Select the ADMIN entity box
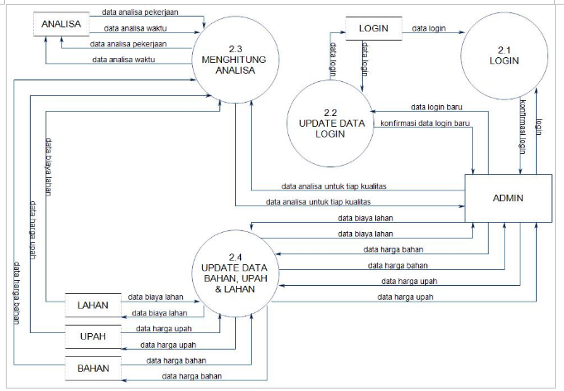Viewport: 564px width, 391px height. tap(508, 199)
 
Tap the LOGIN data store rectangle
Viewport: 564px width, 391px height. tap(374, 28)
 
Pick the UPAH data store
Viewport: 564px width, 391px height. tap(94, 337)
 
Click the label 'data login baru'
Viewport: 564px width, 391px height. tap(436, 108)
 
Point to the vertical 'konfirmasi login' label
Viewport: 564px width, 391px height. tap(523, 133)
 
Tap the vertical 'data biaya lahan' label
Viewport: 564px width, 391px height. tap(50, 163)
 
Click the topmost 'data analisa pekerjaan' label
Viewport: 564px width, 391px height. tap(140, 13)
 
